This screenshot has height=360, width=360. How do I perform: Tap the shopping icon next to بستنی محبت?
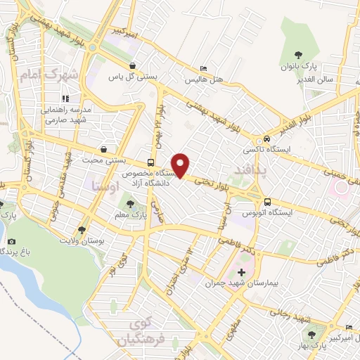pos(105,149)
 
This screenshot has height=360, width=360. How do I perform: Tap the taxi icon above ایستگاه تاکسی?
pos(266,139)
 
